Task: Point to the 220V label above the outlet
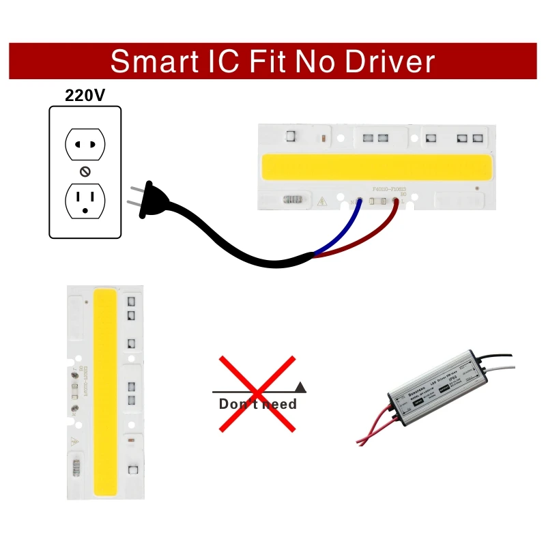coord(85,95)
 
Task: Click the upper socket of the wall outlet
coord(85,145)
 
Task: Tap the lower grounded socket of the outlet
coord(85,199)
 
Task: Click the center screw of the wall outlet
coord(85,171)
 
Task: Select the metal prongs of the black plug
coord(134,195)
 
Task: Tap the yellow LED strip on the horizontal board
coord(376,167)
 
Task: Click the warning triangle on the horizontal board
coord(321,201)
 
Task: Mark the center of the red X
coord(257,391)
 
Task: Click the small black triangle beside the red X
coord(301,387)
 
